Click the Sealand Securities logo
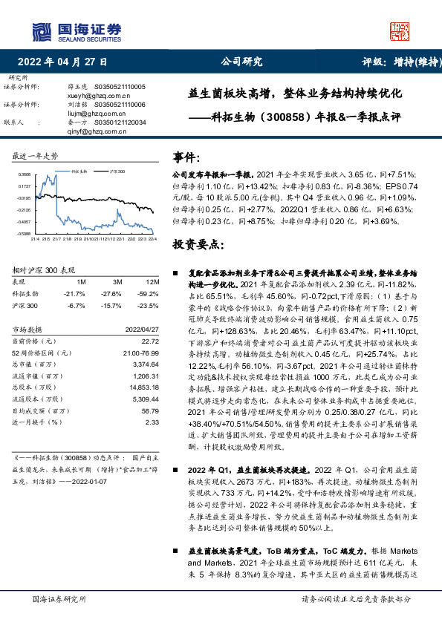(x=77, y=30)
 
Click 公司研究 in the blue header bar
(x=243, y=62)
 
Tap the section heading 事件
(x=187, y=157)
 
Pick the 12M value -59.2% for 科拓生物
(x=150, y=294)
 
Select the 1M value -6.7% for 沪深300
(x=76, y=305)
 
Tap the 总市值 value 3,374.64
(x=146, y=365)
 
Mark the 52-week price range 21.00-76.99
(x=140, y=353)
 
